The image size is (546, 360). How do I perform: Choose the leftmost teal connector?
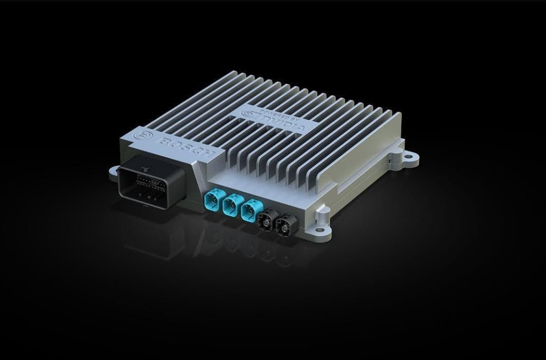[x=212, y=199]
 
